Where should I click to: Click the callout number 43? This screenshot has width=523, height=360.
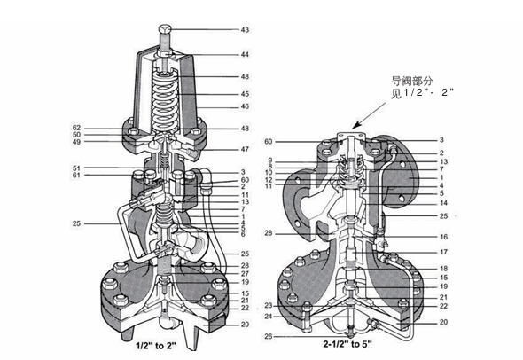pos(245,29)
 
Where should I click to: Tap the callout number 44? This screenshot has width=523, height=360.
pos(245,54)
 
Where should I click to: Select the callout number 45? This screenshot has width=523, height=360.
pos(245,94)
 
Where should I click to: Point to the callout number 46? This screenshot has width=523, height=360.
pos(245,106)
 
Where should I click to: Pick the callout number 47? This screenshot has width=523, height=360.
pos(245,149)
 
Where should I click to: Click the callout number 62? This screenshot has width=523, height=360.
pos(77,128)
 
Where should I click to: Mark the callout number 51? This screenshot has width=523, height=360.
pos(77,168)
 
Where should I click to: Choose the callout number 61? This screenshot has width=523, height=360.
pos(77,176)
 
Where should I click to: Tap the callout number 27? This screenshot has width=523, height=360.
pos(245,274)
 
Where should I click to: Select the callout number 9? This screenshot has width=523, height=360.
pos(270,160)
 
